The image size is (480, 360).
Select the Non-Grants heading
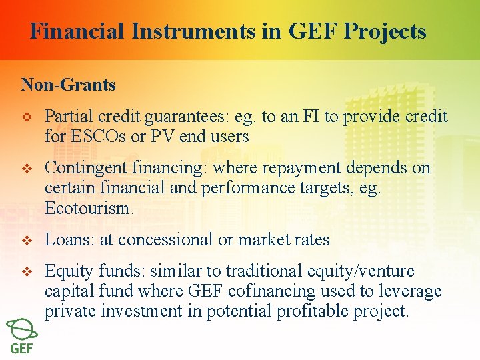click(68, 85)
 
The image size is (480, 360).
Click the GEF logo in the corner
click(22, 337)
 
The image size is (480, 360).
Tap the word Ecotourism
click(89, 207)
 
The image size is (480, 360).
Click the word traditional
click(265, 271)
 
